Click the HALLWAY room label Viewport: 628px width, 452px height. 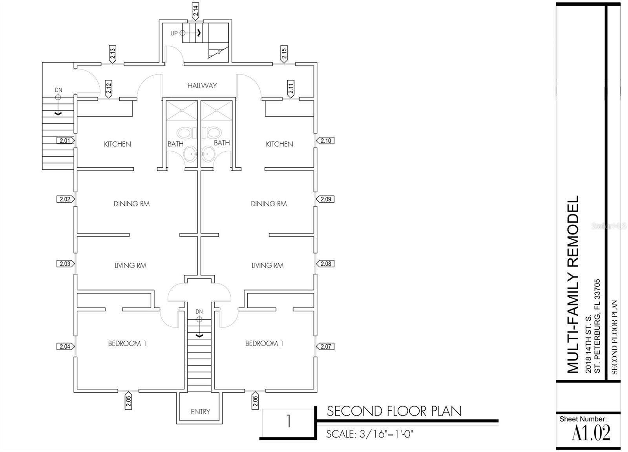point(202,86)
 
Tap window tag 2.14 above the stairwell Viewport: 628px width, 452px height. point(195,11)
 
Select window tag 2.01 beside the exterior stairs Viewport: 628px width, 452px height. point(66,140)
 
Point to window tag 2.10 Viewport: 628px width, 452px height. point(325,141)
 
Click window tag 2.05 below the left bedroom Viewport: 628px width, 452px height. point(128,401)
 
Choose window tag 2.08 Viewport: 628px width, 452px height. point(325,264)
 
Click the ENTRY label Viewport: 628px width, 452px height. point(201,412)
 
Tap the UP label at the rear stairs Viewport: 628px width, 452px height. point(174,33)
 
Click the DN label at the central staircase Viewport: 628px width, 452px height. point(199,311)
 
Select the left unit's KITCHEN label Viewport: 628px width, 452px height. point(117,144)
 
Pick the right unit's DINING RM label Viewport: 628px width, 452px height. point(269,204)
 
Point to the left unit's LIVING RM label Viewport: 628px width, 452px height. point(130,265)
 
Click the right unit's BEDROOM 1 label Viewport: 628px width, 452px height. point(264,344)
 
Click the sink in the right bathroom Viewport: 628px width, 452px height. point(208,154)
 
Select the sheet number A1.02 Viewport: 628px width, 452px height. point(591,433)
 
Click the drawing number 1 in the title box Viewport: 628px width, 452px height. point(288,421)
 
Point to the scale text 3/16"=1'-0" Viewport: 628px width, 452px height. point(386,434)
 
